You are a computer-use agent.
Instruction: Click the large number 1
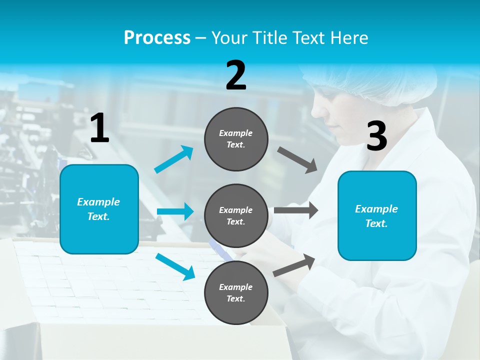[x=99, y=128]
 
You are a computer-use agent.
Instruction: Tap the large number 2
[x=236, y=75]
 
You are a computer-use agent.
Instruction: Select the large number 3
[x=376, y=136]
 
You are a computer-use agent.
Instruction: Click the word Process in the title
[x=157, y=37]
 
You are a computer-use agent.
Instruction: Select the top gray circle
[x=236, y=139]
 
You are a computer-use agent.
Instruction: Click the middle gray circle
[x=236, y=215]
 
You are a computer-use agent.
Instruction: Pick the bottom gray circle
[x=236, y=292]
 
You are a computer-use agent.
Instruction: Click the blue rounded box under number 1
[x=99, y=209]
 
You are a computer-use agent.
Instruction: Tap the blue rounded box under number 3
[x=376, y=215]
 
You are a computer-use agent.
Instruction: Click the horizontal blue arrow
[x=175, y=211]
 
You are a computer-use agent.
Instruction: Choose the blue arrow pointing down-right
[x=175, y=266]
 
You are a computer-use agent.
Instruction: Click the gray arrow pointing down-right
[x=297, y=160]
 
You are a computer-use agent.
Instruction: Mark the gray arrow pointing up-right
[x=294, y=265]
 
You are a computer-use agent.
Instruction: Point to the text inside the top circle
[x=236, y=139]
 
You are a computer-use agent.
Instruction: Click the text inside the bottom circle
[x=236, y=292]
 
